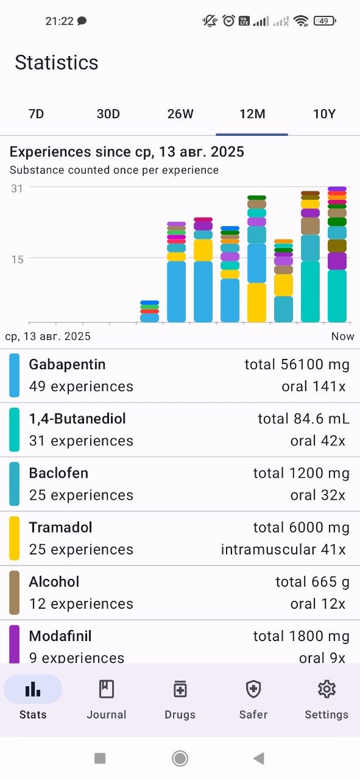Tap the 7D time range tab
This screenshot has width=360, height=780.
[36, 114]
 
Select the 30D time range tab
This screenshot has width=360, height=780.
[108, 114]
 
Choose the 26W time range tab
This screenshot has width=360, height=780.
[180, 114]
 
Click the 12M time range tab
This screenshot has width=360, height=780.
[252, 114]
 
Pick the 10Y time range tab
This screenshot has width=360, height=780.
[324, 114]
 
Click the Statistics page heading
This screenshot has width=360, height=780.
[57, 63]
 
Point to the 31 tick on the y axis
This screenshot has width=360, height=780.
[17, 189]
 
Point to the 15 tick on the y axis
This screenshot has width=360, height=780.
[17, 260]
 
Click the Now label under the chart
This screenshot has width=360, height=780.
[342, 336]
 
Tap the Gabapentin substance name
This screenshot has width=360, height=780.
[67, 364]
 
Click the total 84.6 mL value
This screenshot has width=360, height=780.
[303, 419]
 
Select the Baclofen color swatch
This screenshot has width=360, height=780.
[14, 484]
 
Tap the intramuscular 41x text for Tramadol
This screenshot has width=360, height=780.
[283, 550]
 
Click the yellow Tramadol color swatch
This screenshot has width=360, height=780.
[14, 538]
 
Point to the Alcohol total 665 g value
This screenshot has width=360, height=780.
[312, 582]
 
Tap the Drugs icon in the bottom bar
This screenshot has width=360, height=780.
[180, 689]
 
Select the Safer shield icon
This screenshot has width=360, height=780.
[253, 689]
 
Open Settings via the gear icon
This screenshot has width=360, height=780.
[326, 689]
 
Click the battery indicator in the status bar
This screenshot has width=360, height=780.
[325, 21]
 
